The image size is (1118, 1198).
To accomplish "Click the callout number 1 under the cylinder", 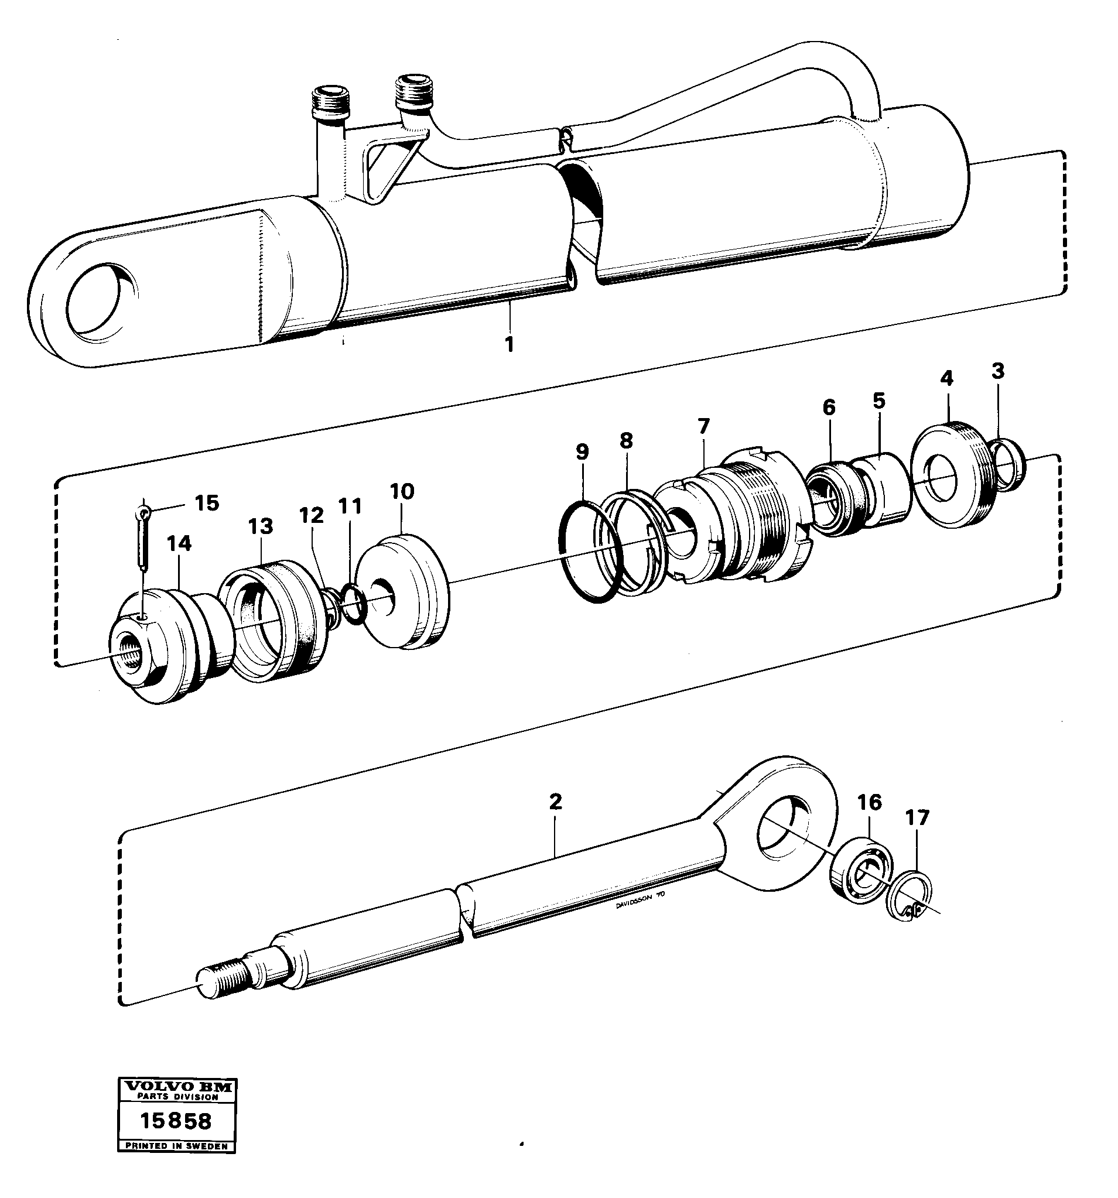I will tap(510, 345).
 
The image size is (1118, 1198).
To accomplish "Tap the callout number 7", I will tap(703, 426).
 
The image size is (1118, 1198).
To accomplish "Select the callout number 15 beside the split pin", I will tap(206, 503).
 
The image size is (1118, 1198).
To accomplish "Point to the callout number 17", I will tap(917, 818).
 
